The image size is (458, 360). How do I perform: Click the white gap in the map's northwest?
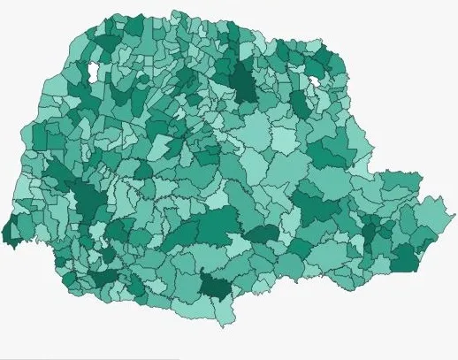(x=92, y=72)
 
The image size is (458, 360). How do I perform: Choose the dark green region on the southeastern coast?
(x=405, y=259)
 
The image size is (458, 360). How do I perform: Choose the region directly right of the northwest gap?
(x=104, y=71)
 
